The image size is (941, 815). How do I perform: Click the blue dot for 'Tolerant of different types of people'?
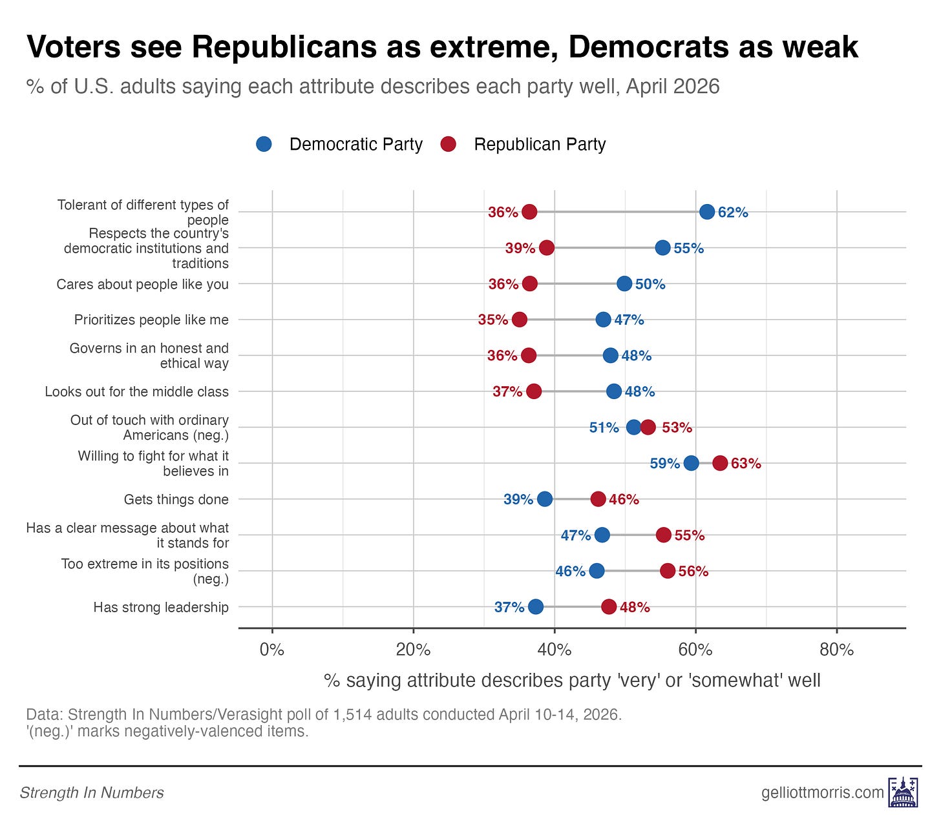[x=707, y=212]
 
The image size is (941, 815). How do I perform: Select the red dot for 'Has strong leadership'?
[x=609, y=606]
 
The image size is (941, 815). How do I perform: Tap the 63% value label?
[x=746, y=463]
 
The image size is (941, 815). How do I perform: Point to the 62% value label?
[x=733, y=212]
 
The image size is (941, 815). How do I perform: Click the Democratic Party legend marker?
[x=264, y=144]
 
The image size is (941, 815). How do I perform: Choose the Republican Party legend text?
[x=540, y=144]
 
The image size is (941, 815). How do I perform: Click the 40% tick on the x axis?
[x=555, y=649]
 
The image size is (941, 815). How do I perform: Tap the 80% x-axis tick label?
[x=836, y=649]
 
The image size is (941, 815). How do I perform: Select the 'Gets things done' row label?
[x=176, y=499]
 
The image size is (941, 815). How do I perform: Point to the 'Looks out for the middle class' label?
[x=136, y=391]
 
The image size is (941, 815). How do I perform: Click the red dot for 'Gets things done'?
[x=598, y=499]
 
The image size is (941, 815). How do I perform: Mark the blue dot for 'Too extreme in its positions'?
[x=597, y=571]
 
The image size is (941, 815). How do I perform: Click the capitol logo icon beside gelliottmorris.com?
[x=904, y=792]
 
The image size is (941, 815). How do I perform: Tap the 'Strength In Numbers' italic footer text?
[x=92, y=792]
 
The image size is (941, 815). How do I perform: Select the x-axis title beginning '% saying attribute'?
[x=572, y=680]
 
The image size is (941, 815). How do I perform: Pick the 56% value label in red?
[x=693, y=571]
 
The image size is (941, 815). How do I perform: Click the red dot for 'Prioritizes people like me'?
[x=520, y=320]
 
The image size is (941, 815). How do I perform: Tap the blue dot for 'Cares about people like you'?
[x=624, y=284]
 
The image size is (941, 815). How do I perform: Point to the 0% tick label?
[x=272, y=649]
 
